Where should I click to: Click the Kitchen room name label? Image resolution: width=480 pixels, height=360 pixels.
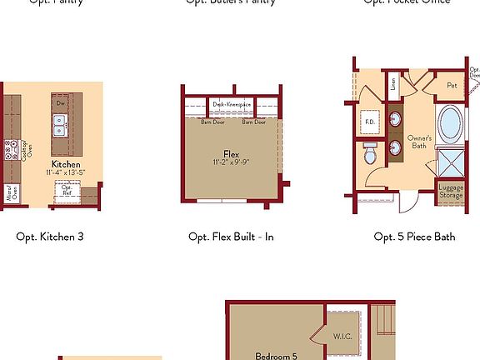[66, 164]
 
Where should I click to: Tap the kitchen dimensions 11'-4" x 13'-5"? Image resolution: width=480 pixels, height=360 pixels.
[66, 172]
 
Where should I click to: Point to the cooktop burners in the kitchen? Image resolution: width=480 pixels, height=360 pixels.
[12, 150]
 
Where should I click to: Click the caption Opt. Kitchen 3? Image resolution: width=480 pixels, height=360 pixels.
[50, 237]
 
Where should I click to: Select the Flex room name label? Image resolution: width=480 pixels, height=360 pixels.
[231, 153]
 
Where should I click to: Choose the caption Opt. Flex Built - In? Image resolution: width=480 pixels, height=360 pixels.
[231, 237]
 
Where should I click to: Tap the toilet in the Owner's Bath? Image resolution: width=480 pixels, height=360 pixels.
[370, 153]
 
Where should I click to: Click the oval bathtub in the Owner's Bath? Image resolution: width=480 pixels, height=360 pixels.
[449, 123]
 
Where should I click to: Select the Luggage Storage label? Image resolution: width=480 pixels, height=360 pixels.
[451, 190]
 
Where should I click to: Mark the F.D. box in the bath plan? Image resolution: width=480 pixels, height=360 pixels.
[370, 122]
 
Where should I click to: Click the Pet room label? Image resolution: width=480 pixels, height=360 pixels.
[451, 85]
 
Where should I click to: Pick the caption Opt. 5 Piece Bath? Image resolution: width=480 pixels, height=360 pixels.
[414, 237]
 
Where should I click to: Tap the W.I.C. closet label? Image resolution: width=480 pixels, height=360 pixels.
[342, 337]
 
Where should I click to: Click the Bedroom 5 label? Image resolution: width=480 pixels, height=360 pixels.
[276, 356]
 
